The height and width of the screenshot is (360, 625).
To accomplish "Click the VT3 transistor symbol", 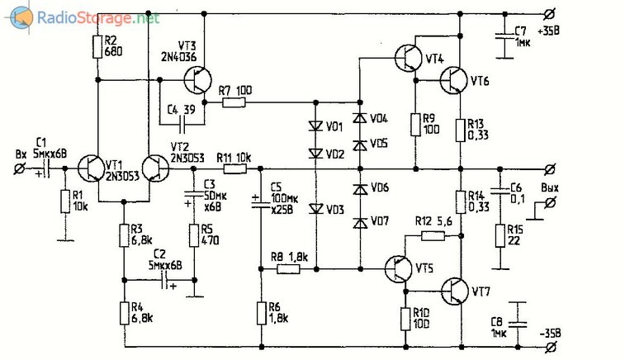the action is tap(198, 80).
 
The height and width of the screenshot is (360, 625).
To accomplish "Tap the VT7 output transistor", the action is tap(454, 291).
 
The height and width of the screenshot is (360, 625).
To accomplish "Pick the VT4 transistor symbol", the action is tap(408, 58).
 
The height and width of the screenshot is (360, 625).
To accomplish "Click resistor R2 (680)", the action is tap(97, 46).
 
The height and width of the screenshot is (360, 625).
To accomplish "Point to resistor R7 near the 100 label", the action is tap(234, 102).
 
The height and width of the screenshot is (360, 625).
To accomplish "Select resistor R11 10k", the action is tap(234, 169).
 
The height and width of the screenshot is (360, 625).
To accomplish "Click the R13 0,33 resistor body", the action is tap(461, 130).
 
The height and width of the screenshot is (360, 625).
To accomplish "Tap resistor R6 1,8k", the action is tap(262, 314).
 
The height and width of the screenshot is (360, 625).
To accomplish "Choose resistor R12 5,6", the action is tap(433, 236).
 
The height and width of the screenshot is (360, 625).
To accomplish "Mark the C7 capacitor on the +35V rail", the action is tap(504, 36).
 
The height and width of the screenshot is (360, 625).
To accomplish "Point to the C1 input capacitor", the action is tap(46, 168).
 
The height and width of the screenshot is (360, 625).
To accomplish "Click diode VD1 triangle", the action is tap(316, 126).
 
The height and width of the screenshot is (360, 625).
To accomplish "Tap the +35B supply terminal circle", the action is tap(550, 14).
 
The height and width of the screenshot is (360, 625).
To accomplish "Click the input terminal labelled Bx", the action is tap(19, 168).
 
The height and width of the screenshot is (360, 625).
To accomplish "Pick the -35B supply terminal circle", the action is tap(550, 348).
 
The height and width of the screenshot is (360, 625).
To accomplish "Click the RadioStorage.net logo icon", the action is tap(21, 18).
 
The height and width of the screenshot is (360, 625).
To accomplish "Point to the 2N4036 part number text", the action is tap(179, 57).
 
